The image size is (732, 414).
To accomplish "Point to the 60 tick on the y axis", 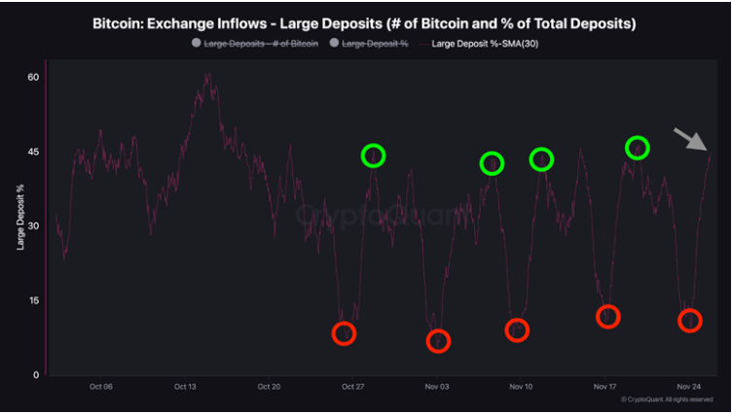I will tap(32, 77).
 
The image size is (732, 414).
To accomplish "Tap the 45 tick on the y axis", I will tap(32, 152).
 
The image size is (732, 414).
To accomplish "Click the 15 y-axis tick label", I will tap(32, 300).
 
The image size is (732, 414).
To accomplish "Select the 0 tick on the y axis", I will tap(35, 374).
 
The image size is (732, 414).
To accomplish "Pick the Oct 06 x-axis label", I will tap(100, 387).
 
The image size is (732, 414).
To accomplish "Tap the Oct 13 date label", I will tap(185, 387).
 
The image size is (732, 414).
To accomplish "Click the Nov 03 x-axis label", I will tap(437, 387).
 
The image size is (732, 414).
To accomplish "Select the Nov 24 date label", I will tap(689, 387).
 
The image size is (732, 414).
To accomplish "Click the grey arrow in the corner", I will tap(693, 140).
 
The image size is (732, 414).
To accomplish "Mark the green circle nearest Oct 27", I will tap(373, 155).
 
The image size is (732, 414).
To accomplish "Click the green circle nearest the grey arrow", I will tap(638, 148).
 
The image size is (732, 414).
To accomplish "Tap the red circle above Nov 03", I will tap(438, 341).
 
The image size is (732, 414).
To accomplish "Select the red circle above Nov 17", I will tap(607, 317).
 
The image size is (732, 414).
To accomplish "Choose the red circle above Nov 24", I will tap(689, 321).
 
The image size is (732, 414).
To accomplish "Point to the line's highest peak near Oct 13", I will tap(208, 75).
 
